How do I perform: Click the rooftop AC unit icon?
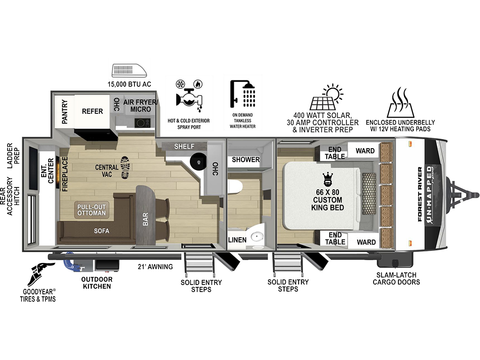click(x=129, y=70)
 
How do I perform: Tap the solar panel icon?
click(x=326, y=97)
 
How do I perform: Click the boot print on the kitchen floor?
click(x=125, y=167)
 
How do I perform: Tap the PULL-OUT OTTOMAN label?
click(x=91, y=210)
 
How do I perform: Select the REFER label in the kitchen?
click(x=92, y=111)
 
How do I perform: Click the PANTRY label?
click(x=65, y=112)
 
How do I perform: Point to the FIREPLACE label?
click(x=65, y=174)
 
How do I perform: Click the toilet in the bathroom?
click(x=235, y=187)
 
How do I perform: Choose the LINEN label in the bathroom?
click(x=237, y=240)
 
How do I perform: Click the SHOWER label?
click(x=246, y=159)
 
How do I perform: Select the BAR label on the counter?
click(x=145, y=219)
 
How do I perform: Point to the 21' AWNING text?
click(x=155, y=267)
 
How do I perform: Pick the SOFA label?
click(x=102, y=231)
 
